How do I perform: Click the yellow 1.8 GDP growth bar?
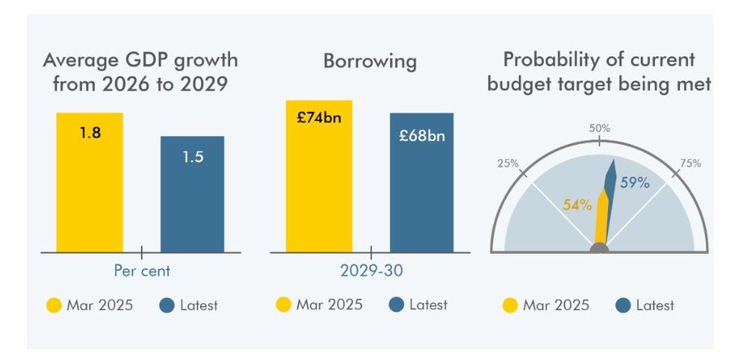(x=90, y=183)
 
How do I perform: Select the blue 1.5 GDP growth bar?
(x=193, y=194)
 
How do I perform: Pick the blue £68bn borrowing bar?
(x=421, y=183)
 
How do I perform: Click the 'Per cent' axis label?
(x=142, y=270)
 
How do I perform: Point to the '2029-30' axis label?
(x=371, y=270)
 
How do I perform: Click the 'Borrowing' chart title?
(x=370, y=61)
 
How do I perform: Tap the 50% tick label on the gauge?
(x=599, y=128)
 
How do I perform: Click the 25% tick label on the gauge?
(x=508, y=164)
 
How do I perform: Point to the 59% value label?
(x=634, y=182)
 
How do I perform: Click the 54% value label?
(x=577, y=204)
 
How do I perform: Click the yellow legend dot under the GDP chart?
(x=54, y=305)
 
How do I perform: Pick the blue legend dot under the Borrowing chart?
(x=397, y=305)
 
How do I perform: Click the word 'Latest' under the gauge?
(x=655, y=305)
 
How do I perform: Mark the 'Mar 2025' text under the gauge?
(x=556, y=305)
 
